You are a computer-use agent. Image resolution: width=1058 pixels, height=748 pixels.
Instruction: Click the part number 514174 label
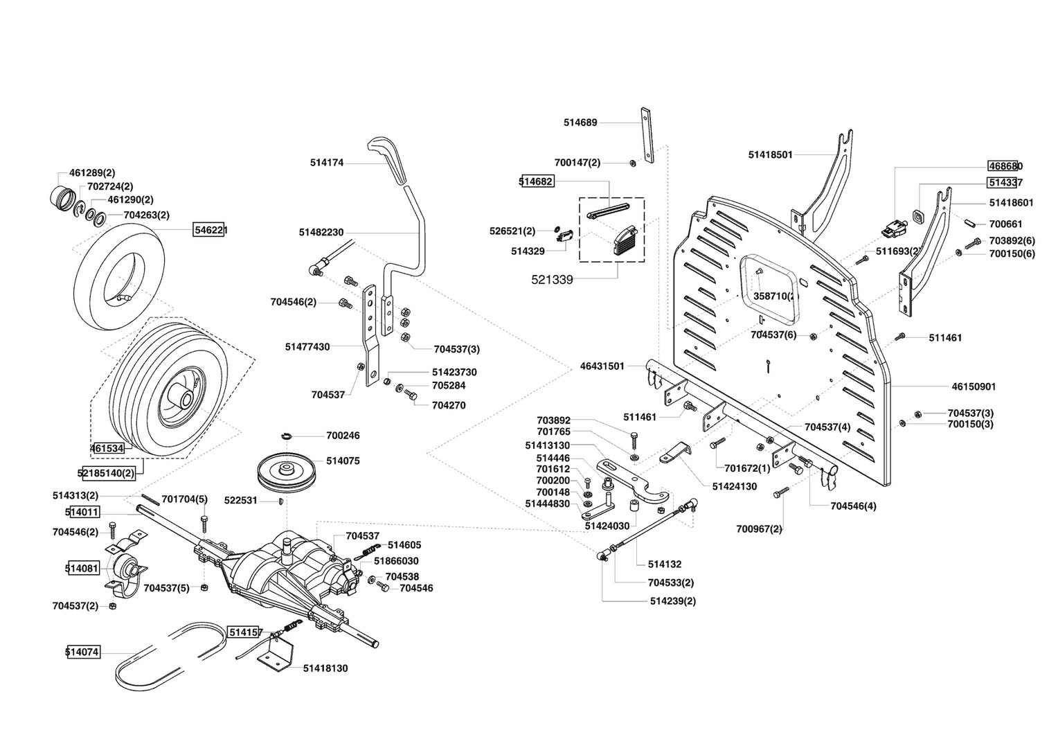tap(327, 163)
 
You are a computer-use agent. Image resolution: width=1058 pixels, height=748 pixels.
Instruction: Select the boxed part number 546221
tap(210, 230)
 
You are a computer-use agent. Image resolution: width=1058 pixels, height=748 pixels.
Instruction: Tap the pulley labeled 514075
tap(285, 472)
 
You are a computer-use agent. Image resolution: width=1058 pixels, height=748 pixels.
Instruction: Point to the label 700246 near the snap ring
tap(343, 436)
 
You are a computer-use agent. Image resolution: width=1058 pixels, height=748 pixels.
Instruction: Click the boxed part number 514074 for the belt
tap(82, 652)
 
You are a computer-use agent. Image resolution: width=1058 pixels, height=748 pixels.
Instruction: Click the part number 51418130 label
tap(325, 668)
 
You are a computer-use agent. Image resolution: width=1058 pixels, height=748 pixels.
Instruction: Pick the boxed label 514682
tap(536, 181)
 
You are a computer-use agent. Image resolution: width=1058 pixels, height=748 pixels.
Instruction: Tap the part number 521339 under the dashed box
tap(552, 280)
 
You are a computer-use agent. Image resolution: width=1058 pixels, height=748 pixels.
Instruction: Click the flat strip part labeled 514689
tap(647, 135)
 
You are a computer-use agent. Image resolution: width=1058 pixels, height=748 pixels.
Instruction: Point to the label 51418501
tap(770, 154)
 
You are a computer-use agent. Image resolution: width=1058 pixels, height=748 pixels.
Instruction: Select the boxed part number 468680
tap(1005, 166)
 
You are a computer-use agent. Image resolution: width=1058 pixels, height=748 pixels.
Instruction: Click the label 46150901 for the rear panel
tap(974, 386)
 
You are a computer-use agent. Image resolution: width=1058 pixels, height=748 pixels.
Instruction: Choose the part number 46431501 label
tap(602, 366)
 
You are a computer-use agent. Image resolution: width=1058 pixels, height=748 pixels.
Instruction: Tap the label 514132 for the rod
tap(664, 564)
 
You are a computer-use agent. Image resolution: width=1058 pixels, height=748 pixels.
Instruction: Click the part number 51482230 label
tap(321, 233)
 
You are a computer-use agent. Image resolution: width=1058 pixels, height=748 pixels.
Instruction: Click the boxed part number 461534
tap(107, 449)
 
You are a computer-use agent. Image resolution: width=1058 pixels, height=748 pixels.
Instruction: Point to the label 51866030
tap(396, 560)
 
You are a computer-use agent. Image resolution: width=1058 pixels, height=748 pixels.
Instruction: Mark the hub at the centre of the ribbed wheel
tap(183, 399)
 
